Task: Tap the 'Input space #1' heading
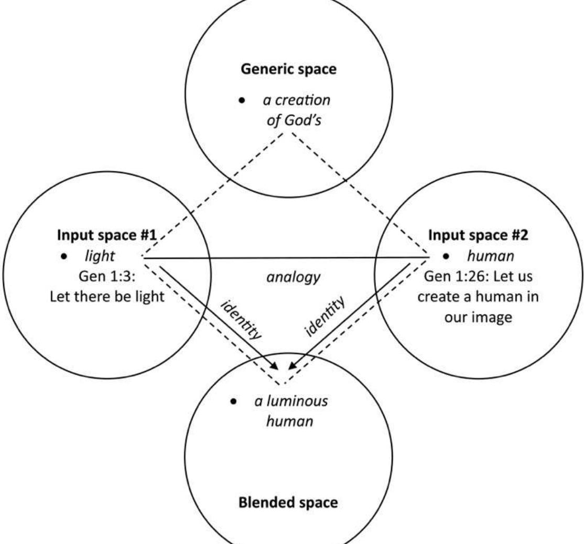[x=107, y=235]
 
